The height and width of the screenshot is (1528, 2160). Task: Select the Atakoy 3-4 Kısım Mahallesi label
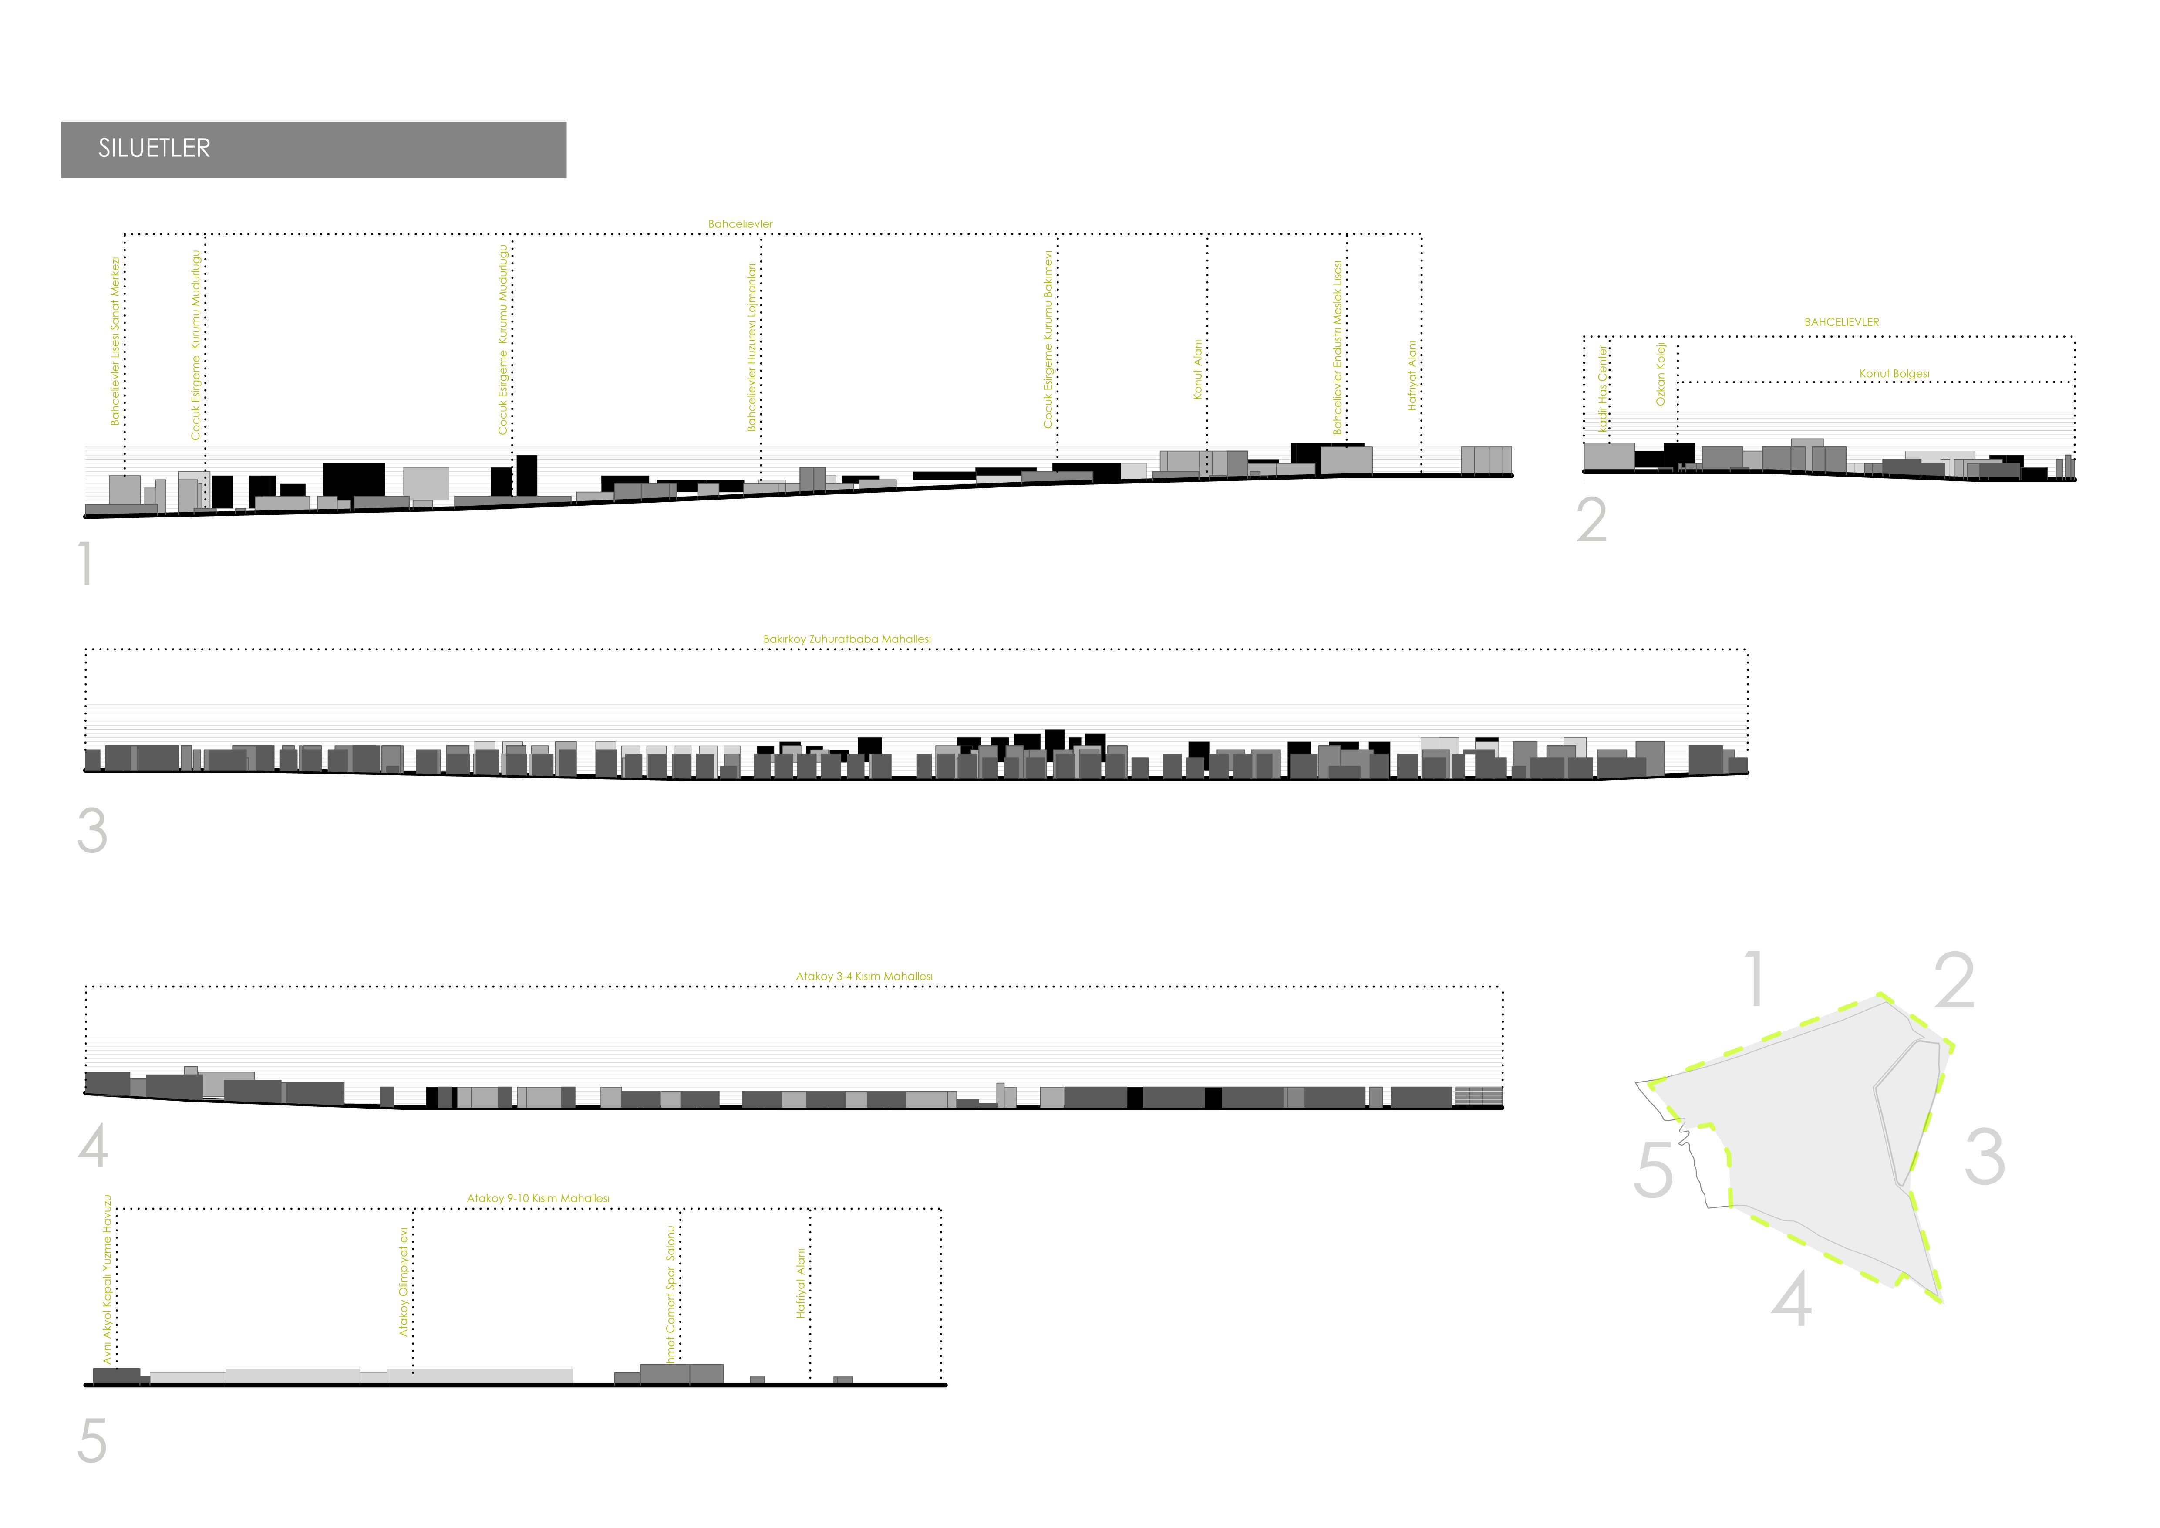(864, 977)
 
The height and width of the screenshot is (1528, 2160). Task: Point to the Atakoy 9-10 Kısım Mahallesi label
(538, 1199)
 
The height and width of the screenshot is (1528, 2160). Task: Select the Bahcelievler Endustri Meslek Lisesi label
(1337, 348)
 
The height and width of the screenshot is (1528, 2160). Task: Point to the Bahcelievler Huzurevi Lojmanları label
(751, 347)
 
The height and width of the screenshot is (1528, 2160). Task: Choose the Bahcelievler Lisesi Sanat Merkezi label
(116, 341)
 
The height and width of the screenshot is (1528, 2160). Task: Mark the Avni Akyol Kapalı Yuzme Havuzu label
(108, 1280)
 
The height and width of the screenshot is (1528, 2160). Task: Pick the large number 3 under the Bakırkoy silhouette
(92, 832)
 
